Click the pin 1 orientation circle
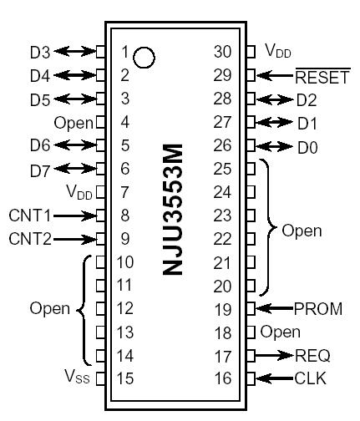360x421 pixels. [145, 57]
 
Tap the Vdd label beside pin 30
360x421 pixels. [279, 52]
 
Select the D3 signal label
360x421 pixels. [39, 52]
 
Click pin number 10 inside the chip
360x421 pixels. [124, 262]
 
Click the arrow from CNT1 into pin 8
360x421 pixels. [74, 216]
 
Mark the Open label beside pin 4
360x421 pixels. [73, 123]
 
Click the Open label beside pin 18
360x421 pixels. [280, 332]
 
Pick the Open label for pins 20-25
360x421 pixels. [302, 230]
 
